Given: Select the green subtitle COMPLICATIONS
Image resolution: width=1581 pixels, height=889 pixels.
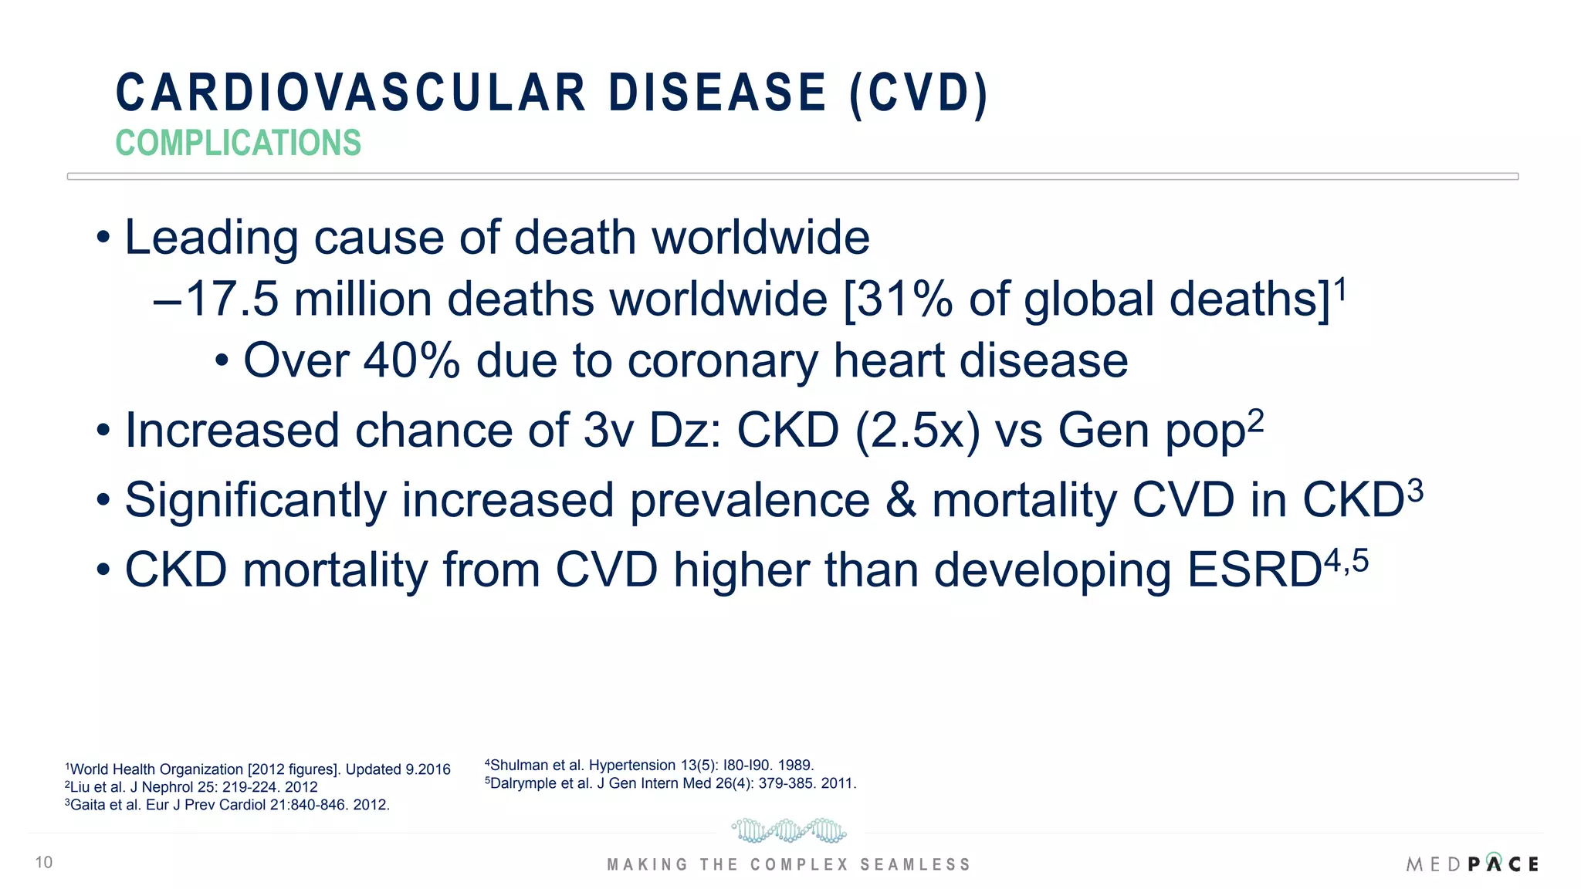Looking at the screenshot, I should click(x=238, y=144).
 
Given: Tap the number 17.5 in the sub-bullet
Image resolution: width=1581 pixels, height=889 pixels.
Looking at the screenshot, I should click(x=232, y=299).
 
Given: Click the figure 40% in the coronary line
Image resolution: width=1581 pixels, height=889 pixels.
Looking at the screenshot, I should click(x=411, y=361).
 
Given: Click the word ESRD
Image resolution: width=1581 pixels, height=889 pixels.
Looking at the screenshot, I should click(x=1254, y=570).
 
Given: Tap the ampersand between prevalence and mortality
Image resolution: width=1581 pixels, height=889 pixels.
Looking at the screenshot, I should click(x=901, y=500).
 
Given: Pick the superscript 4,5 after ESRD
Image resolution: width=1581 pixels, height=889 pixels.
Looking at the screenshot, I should click(x=1346, y=561).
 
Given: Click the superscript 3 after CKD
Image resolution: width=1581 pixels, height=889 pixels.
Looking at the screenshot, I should click(x=1415, y=491).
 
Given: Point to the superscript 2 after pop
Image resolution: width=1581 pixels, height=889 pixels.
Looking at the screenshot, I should click(x=1256, y=421).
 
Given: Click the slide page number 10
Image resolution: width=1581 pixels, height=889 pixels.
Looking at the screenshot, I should click(x=44, y=863).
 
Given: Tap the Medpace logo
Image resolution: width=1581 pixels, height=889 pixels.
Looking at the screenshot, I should click(x=1472, y=864).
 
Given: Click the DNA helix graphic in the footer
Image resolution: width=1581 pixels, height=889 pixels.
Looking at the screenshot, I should click(x=788, y=831).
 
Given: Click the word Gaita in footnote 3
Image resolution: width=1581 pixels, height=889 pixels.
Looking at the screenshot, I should click(x=87, y=805).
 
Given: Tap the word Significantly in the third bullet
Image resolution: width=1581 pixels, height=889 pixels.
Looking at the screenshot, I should click(x=255, y=500).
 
